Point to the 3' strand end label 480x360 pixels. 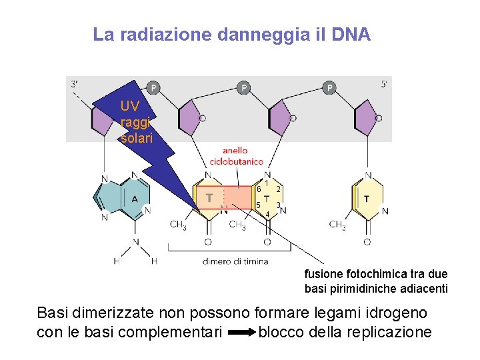coord(76,85)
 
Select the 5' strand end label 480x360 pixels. coord(385,85)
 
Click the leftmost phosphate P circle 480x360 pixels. coord(153,87)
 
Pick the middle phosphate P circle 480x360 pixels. coord(244,87)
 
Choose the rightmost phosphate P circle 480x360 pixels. coord(330,87)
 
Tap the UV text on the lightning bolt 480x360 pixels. coord(131,106)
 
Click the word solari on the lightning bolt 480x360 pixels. coord(137,138)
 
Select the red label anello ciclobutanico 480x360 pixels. coord(236,157)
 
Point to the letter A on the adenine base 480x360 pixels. coord(135,199)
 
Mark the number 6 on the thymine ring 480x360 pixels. coord(258,189)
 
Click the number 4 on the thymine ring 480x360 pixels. coord(267,215)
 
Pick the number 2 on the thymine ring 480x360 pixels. coord(278,189)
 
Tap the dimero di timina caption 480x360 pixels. coord(235,261)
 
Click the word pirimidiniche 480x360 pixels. coord(358,289)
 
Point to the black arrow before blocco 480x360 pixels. coord(240,332)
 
